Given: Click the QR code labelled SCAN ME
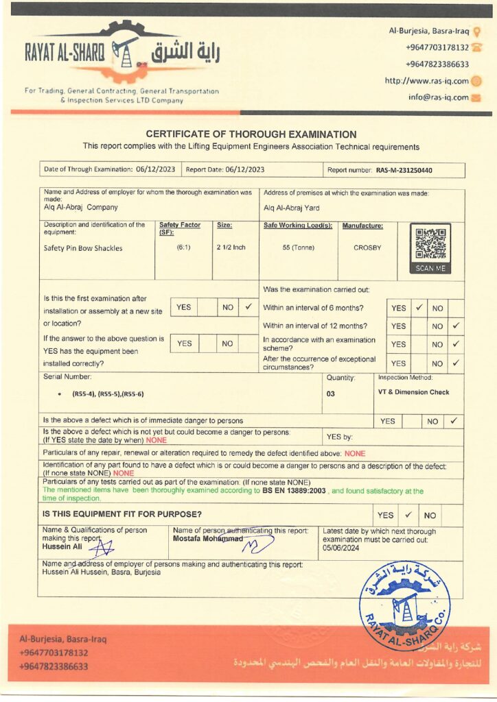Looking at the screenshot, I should tap(430, 245).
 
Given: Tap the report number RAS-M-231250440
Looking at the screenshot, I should tap(408, 170).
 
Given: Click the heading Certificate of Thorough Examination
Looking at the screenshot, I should tap(251, 134).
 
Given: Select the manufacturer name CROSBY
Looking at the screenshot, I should tap(367, 247).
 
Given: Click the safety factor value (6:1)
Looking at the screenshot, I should tap(183, 247).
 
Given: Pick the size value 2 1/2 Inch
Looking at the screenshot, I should tap(231, 247).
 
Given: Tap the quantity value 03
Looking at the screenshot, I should tap(331, 394).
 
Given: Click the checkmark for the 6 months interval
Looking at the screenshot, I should tap(419, 308).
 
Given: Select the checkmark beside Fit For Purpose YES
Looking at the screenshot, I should tap(408, 514).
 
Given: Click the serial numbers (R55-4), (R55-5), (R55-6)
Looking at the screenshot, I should tap(108, 394).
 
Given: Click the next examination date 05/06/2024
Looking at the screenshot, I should tap(341, 548).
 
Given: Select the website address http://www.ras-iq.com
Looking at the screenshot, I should tap(426, 81).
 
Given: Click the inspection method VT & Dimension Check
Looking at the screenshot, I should tap(413, 392).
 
